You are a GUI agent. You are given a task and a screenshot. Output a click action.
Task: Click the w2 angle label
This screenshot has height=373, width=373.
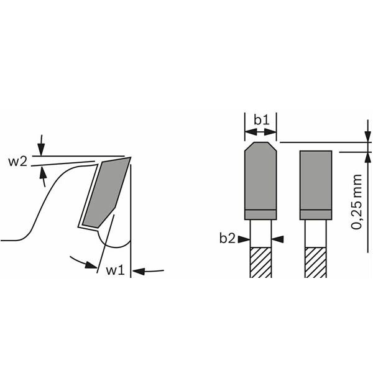pyautogui.click(x=17, y=162)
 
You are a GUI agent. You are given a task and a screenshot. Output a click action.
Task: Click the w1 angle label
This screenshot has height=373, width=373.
pyautogui.click(x=115, y=270)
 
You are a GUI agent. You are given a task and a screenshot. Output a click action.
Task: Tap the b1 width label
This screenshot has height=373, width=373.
pyautogui.click(x=261, y=118)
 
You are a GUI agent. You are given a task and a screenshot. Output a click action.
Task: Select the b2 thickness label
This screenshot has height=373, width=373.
pyautogui.click(x=228, y=237)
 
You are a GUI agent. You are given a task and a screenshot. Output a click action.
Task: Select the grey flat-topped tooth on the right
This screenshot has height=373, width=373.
pyautogui.click(x=315, y=180)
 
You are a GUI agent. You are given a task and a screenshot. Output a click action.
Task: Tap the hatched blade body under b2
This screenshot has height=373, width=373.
pyautogui.click(x=260, y=262)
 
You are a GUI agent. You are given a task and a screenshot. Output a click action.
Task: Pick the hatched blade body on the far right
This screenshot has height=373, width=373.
pyautogui.click(x=315, y=262)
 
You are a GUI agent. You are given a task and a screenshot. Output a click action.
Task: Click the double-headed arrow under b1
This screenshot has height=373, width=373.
pyautogui.click(x=261, y=132)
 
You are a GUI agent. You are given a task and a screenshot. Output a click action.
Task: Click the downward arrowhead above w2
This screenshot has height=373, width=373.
pyautogui.click(x=41, y=149)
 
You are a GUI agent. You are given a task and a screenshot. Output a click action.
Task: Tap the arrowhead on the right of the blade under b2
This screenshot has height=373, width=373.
pyautogui.click(x=277, y=238)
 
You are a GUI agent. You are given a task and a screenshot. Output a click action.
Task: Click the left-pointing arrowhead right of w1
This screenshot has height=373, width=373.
pyautogui.click(x=138, y=270)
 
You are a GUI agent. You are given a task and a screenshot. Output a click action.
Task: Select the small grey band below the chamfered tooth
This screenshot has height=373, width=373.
pyautogui.click(x=260, y=214)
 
